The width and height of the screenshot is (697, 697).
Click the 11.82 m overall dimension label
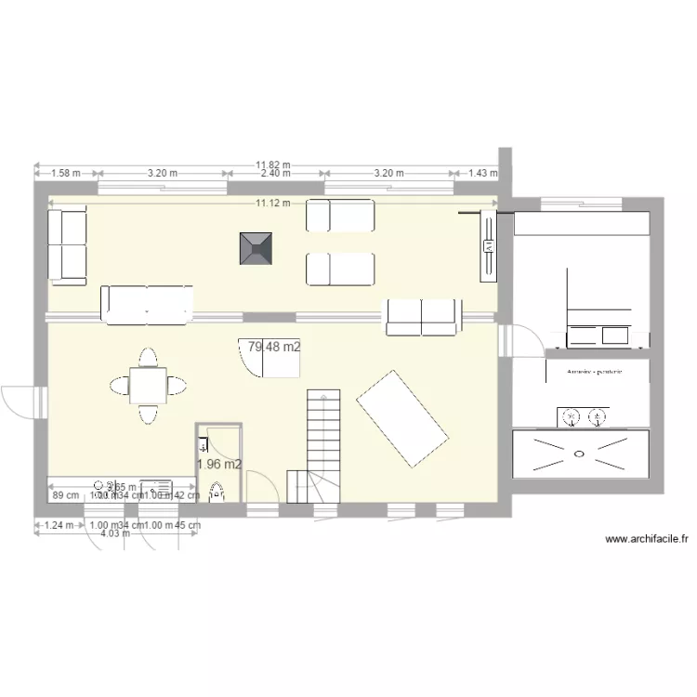[273, 165]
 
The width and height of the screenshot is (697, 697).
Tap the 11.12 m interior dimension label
[273, 203]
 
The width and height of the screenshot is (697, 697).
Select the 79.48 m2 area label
[273, 347]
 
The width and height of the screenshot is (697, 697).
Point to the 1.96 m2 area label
[220, 464]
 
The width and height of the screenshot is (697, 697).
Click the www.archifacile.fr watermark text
[646, 538]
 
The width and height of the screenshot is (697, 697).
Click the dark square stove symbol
[256, 249]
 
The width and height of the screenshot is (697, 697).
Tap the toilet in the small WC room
[217, 492]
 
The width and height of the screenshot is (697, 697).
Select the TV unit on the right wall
[487, 246]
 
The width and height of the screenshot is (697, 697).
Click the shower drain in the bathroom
[580, 454]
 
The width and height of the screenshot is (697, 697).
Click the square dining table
[148, 385]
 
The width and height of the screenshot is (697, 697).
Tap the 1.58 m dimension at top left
[65, 173]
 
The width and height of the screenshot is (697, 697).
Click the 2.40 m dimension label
[275, 174]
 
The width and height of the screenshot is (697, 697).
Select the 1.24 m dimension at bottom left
[57, 525]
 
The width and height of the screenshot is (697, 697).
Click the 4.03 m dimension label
[114, 533]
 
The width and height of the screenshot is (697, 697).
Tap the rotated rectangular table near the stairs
[404, 419]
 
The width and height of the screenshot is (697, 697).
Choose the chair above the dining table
[148, 357]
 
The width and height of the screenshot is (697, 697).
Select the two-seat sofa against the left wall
[67, 244]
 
